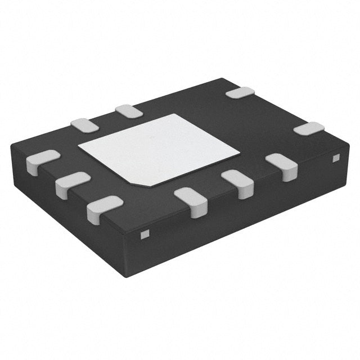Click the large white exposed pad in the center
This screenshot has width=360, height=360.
[x=159, y=149]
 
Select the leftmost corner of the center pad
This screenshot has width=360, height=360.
[x=78, y=148]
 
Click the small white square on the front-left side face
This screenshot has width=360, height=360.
[x=144, y=233]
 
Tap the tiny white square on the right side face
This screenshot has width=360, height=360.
[x=336, y=159]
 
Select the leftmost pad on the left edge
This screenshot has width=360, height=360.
[x=42, y=162]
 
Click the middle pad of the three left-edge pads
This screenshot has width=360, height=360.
[x=72, y=184]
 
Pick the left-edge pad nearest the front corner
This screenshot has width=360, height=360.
[x=104, y=207]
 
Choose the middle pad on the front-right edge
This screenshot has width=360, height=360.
[x=237, y=183]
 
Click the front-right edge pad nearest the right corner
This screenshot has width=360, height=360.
[x=281, y=166]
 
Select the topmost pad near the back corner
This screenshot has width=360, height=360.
[x=240, y=93]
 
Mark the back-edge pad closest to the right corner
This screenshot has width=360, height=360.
[x=309, y=128]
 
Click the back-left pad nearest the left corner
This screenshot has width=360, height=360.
[x=85, y=125]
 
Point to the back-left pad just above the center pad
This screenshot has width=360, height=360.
[x=128, y=111]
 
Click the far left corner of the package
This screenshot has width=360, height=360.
[x=11, y=145]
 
